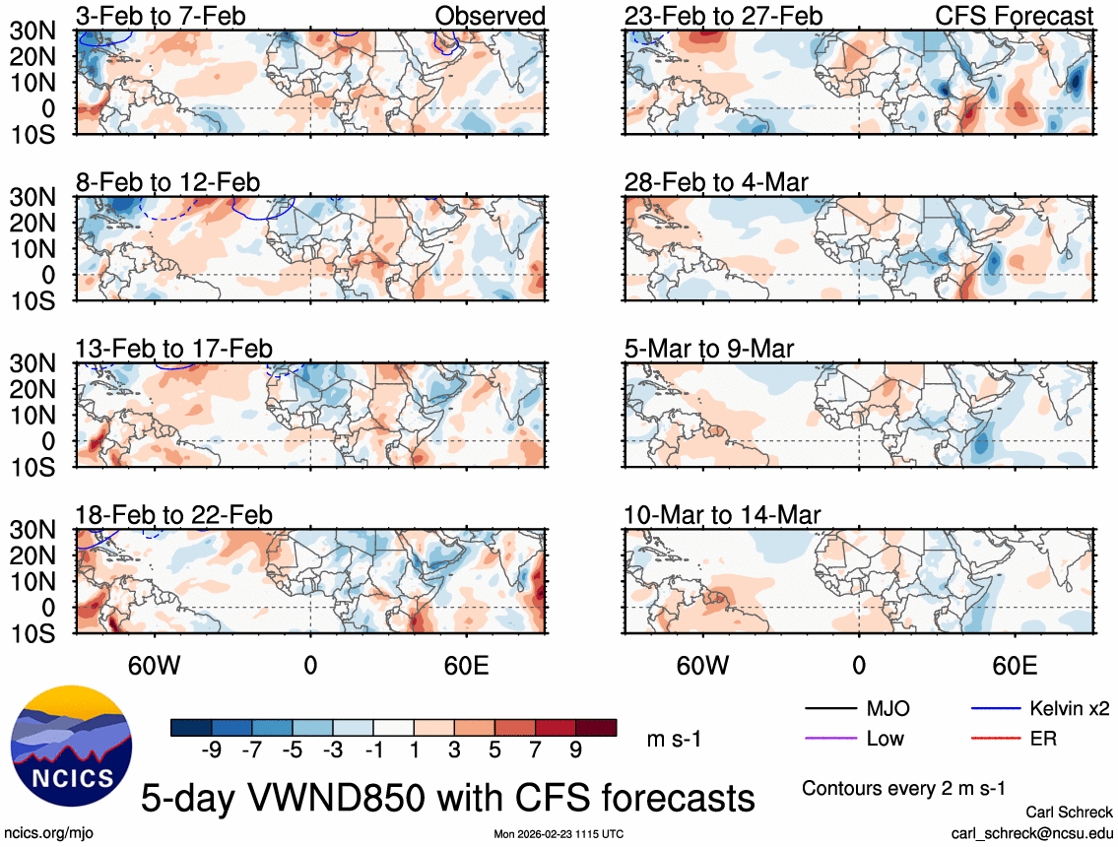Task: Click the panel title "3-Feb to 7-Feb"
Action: [x=162, y=16]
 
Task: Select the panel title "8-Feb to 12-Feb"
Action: [x=168, y=182]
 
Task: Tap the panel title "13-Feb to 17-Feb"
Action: [x=174, y=349]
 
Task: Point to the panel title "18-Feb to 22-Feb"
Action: [x=174, y=515]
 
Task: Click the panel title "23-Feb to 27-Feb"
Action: [x=723, y=16]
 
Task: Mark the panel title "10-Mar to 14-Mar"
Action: [x=722, y=515]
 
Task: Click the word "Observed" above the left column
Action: [x=490, y=16]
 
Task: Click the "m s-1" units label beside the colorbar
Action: [x=674, y=738]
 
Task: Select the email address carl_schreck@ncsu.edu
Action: [x=1031, y=832]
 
